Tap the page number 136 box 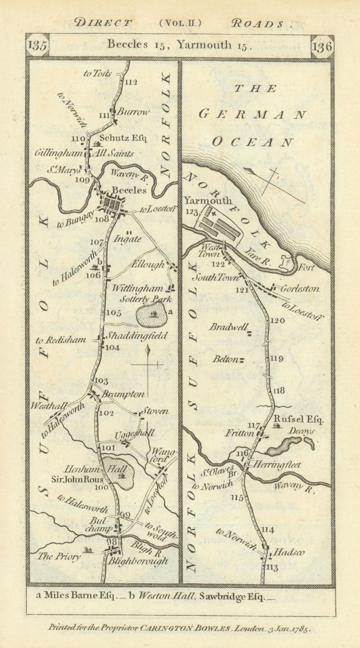point(322,46)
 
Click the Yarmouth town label point(208,200)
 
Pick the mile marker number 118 point(279,390)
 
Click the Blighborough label point(137,561)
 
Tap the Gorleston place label point(300,289)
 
